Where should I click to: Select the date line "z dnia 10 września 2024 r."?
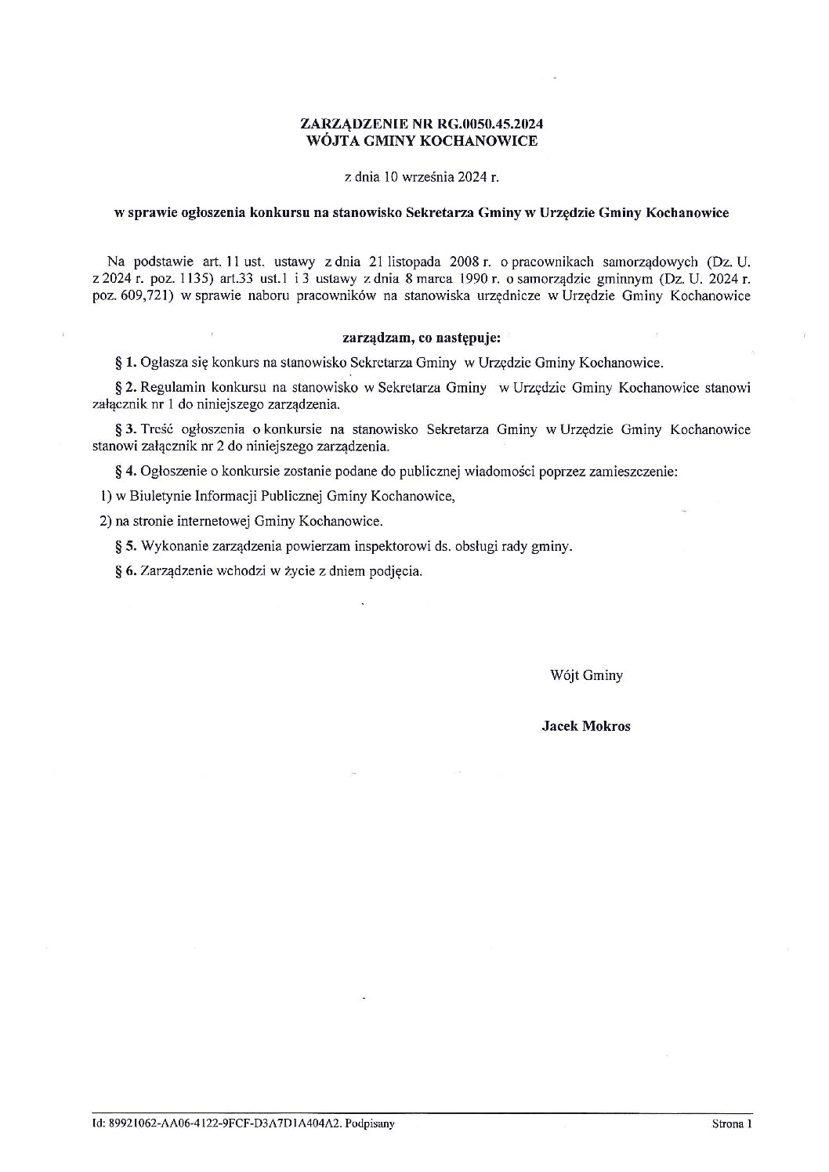pyautogui.click(x=422, y=178)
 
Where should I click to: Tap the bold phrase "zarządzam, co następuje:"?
pyautogui.click(x=422, y=339)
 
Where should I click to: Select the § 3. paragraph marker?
pyautogui.click(x=126, y=429)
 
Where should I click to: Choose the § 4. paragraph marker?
pyautogui.click(x=126, y=472)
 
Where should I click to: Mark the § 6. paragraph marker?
pyautogui.click(x=126, y=571)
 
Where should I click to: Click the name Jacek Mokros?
pyautogui.click(x=586, y=725)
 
